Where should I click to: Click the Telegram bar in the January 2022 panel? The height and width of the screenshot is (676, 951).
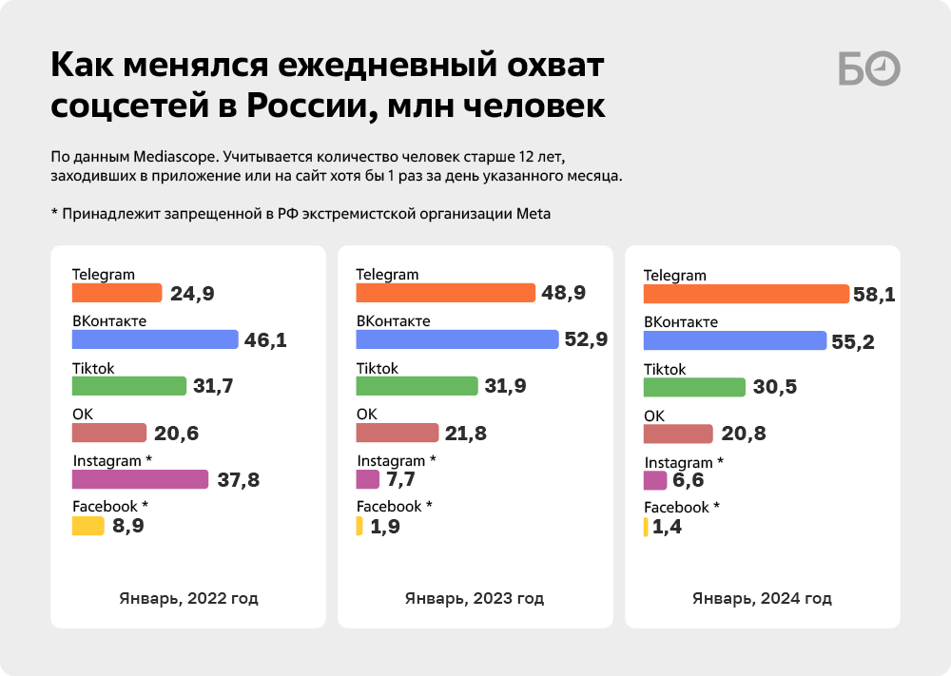coord(117,293)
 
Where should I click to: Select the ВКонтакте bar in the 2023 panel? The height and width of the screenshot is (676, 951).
coord(457,339)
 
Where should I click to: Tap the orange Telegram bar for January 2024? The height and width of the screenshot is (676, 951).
coord(746,294)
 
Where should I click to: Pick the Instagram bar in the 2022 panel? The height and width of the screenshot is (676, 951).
coord(140,479)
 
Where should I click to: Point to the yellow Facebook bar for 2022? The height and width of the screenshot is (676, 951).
coord(87,526)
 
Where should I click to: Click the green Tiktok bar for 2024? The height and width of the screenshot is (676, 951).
coord(694,387)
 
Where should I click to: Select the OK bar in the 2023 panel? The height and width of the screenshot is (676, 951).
coord(398,433)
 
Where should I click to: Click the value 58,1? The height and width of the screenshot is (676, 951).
coord(874,295)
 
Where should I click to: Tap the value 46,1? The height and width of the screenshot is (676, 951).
coord(265,340)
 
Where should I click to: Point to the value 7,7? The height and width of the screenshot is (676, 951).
coord(401,479)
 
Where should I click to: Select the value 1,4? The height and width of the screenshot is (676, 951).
coord(667,527)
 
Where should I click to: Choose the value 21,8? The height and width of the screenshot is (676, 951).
coord(466,434)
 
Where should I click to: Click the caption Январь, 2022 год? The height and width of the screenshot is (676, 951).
coord(188,598)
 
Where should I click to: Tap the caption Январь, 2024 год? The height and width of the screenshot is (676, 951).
coord(763,598)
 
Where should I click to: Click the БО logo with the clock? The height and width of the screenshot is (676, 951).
coord(869,68)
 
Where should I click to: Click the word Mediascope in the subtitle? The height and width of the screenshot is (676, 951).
coord(174,157)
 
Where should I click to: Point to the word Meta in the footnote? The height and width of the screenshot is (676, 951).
coord(534,214)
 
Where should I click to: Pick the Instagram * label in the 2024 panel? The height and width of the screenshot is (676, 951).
coord(684,463)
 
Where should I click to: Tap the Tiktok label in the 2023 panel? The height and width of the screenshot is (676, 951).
coord(378,369)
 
